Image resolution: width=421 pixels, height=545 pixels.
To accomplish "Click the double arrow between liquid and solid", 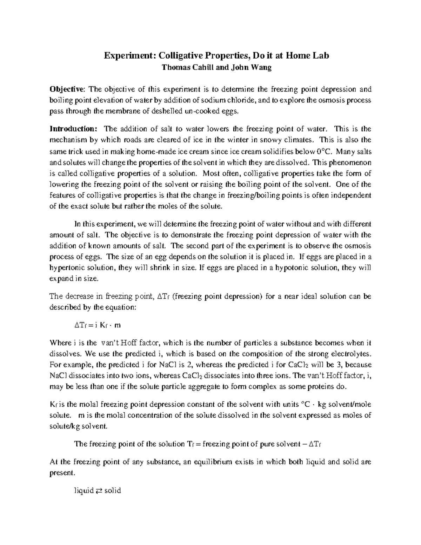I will (99, 491).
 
